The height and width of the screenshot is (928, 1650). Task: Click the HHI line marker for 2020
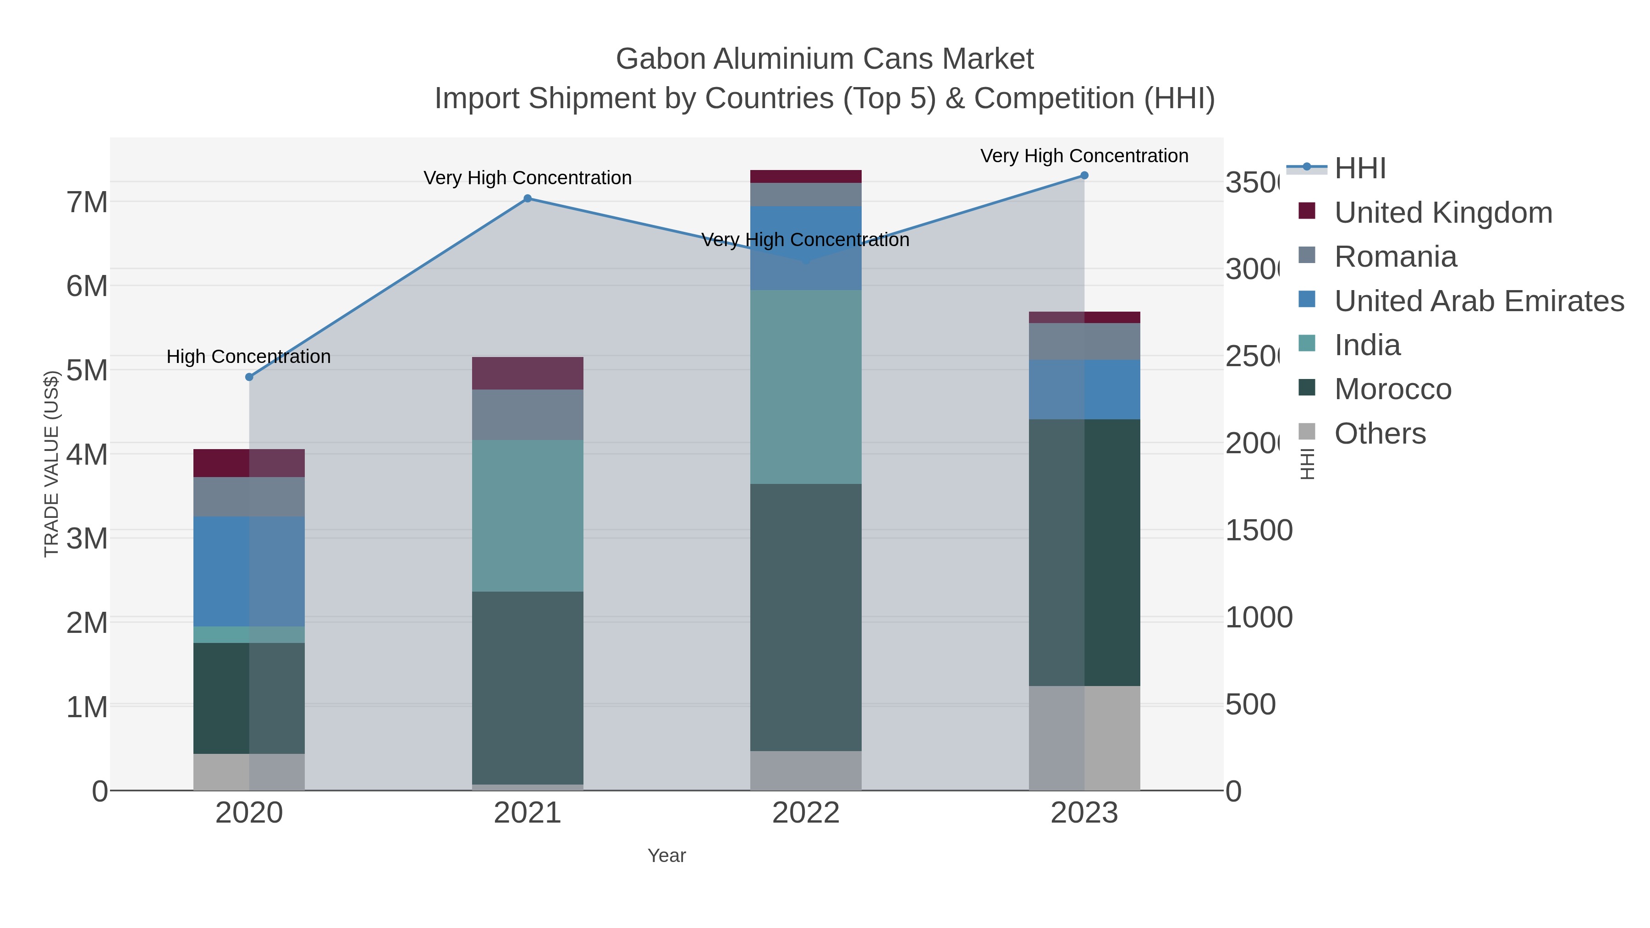point(249,377)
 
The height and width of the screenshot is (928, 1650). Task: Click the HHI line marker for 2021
point(527,198)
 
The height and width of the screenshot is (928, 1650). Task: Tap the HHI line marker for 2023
point(1084,176)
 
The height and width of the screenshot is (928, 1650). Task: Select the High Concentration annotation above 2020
point(248,357)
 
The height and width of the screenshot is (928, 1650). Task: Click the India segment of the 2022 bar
point(805,387)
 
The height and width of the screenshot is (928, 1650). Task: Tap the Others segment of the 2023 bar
point(1084,738)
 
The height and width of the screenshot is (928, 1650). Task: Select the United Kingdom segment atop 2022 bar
point(805,177)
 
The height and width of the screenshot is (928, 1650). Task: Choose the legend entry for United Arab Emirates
point(1478,301)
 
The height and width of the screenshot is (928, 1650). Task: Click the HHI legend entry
point(1360,169)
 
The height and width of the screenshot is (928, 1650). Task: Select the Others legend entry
point(1380,434)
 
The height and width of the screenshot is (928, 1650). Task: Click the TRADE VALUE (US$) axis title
point(51,464)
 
